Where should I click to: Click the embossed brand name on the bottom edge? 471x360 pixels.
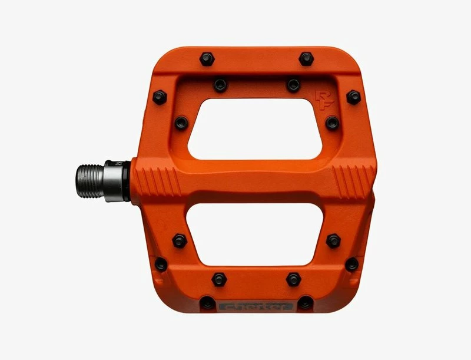pos(256,306)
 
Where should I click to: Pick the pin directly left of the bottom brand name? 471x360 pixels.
pos(207,303)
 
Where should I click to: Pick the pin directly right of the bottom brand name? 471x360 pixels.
pos(305,303)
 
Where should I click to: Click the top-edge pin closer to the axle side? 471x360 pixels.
pos(207,59)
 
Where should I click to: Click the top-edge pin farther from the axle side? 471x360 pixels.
pos(306,59)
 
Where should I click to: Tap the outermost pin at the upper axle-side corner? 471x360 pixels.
pos(160,97)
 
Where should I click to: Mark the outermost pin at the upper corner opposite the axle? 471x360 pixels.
pos(353,97)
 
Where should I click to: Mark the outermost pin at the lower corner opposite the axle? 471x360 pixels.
pos(352,264)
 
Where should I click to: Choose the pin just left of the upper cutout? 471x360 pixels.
pos(181,123)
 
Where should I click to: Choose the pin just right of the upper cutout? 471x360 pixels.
pos(333,123)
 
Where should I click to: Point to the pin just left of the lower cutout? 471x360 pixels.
pos(180,240)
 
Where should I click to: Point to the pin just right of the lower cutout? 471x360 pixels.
pos(333,240)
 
